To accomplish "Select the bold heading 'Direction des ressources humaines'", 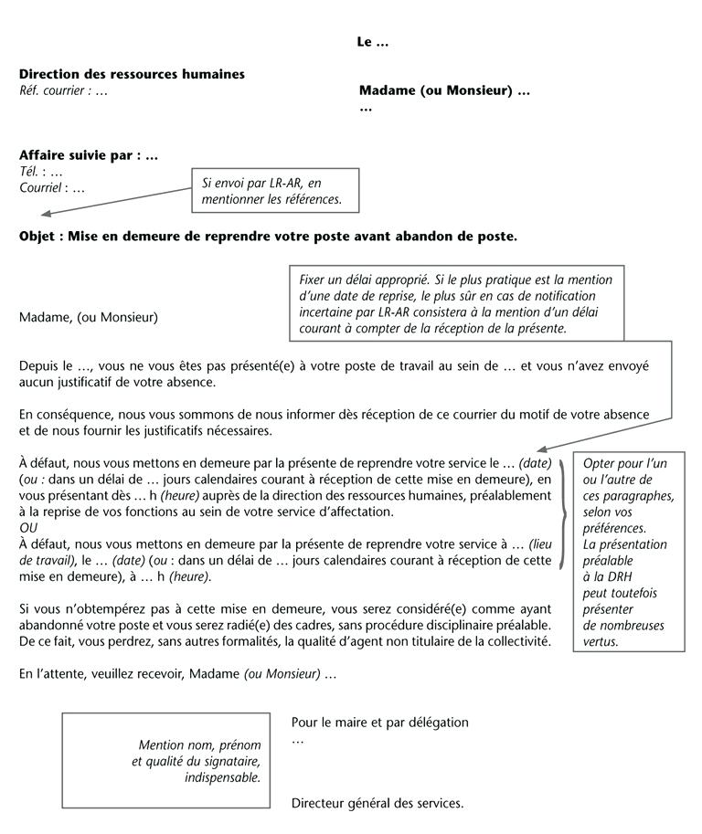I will (132, 74).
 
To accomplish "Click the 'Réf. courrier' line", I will (63, 90).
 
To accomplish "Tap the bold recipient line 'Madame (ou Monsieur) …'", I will (444, 90).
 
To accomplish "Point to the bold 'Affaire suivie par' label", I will (89, 155).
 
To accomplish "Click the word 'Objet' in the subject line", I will (38, 236).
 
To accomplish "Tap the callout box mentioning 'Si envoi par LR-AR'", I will (274, 190).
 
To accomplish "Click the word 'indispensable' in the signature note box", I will (222, 777).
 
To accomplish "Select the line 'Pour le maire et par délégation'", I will (379, 723).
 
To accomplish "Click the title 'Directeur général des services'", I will (377, 804).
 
